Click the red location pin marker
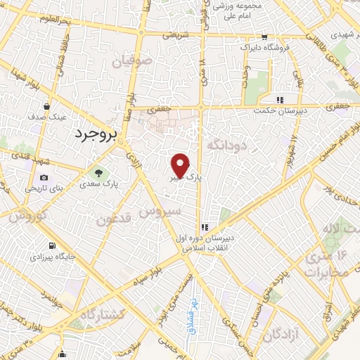click(x=181, y=165)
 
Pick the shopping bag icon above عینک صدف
click(x=46, y=107)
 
